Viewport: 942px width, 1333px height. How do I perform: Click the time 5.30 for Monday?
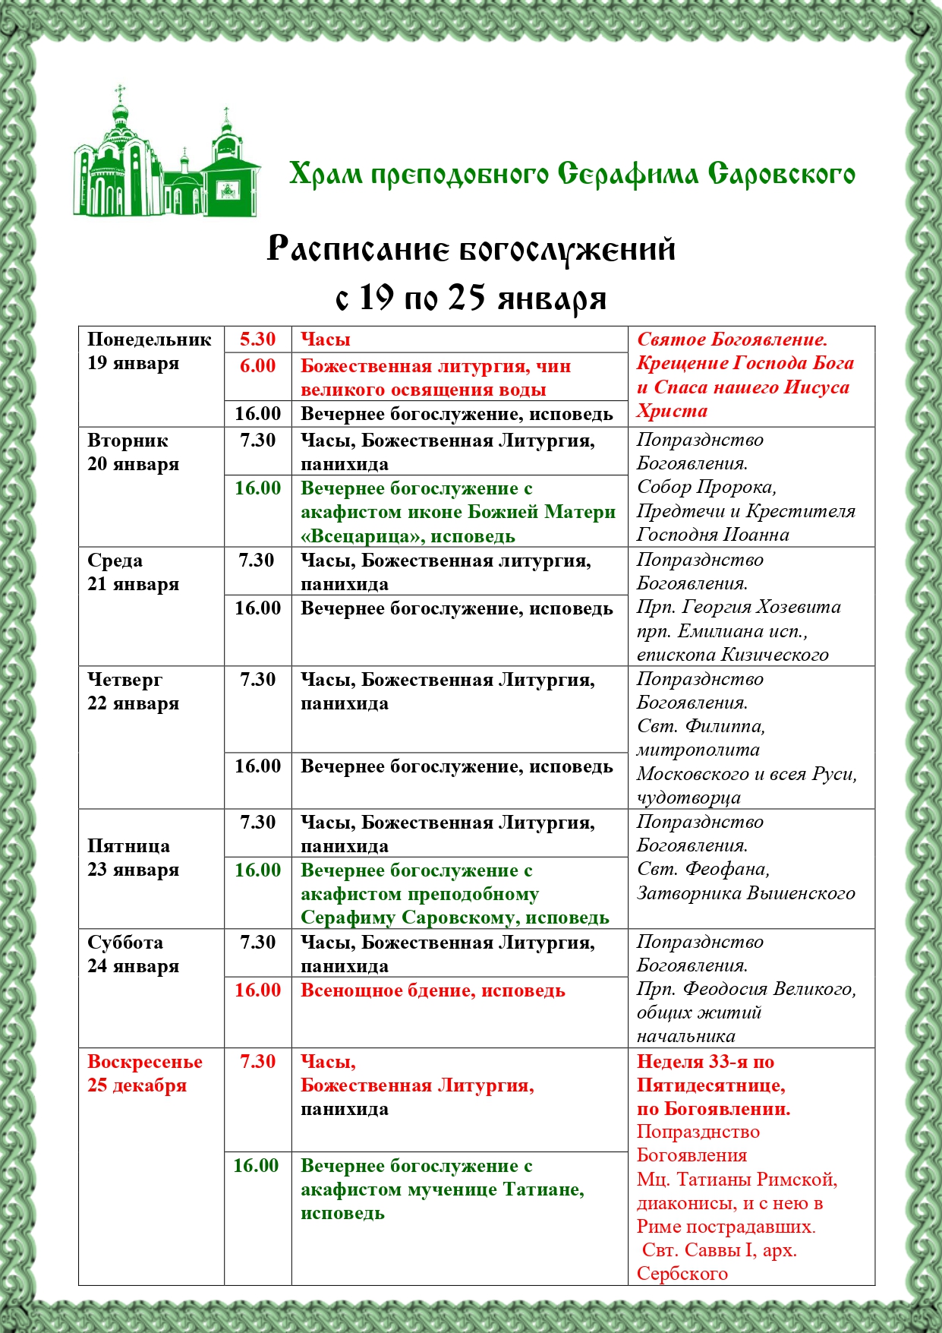pyautogui.click(x=257, y=340)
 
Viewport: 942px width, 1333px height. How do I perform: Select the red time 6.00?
pyautogui.click(x=257, y=366)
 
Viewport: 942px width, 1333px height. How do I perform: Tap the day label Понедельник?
pyautogui.click(x=149, y=340)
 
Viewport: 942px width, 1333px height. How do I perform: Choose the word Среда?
pyautogui.click(x=115, y=561)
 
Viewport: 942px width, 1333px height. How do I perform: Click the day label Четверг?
pyautogui.click(x=124, y=680)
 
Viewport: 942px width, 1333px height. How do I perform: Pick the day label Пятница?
pyautogui.click(x=128, y=846)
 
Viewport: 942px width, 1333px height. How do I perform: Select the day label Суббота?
pyautogui.click(x=125, y=943)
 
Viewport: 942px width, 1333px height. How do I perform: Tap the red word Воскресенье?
pyautogui.click(x=145, y=1062)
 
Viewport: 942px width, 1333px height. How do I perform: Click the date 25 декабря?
pyautogui.click(x=137, y=1085)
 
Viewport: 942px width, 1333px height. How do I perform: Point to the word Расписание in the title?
pyautogui.click(x=358, y=249)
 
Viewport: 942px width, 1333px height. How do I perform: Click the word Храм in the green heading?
pyautogui.click(x=326, y=175)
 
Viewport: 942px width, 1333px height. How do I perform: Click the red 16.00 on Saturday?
pyautogui.click(x=257, y=990)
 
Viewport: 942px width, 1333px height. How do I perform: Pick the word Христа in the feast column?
pyautogui.click(x=672, y=412)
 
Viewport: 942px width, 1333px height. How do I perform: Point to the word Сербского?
pyautogui.click(x=682, y=1274)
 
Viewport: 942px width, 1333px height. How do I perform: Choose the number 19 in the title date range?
pyautogui.click(x=377, y=298)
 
